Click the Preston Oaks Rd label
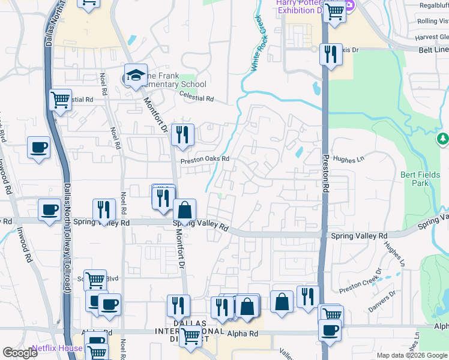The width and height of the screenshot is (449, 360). pyautogui.click(x=205, y=159)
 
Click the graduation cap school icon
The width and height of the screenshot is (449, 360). pyautogui.click(x=136, y=76)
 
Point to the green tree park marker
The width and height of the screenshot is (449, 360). pyautogui.click(x=443, y=139)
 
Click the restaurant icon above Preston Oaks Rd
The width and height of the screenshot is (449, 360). pyautogui.click(x=182, y=135)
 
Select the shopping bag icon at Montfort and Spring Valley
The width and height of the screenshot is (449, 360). pyautogui.click(x=185, y=210)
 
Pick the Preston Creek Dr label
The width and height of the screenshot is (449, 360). pyautogui.click(x=360, y=284)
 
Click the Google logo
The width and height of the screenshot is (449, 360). pyautogui.click(x=20, y=353)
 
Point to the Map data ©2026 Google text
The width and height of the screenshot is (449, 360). pyautogui.click(x=411, y=355)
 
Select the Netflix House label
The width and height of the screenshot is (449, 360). pyautogui.click(x=56, y=348)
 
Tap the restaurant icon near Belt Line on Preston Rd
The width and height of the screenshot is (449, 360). pyautogui.click(x=330, y=55)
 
